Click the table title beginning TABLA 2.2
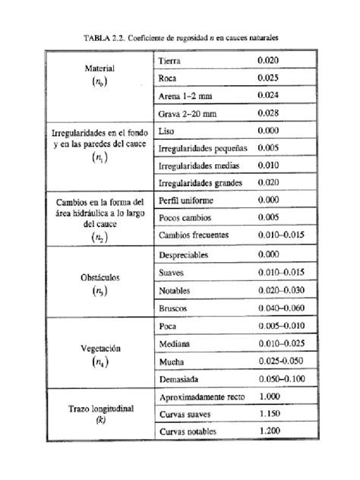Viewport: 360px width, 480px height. tap(180, 36)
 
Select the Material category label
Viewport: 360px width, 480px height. tap(99, 68)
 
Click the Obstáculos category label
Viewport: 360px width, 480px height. tap(99, 278)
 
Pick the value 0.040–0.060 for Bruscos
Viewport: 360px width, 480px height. tap(280, 309)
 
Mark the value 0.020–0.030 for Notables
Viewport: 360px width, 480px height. tap(280, 291)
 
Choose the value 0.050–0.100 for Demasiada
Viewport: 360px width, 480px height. tap(280, 377)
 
